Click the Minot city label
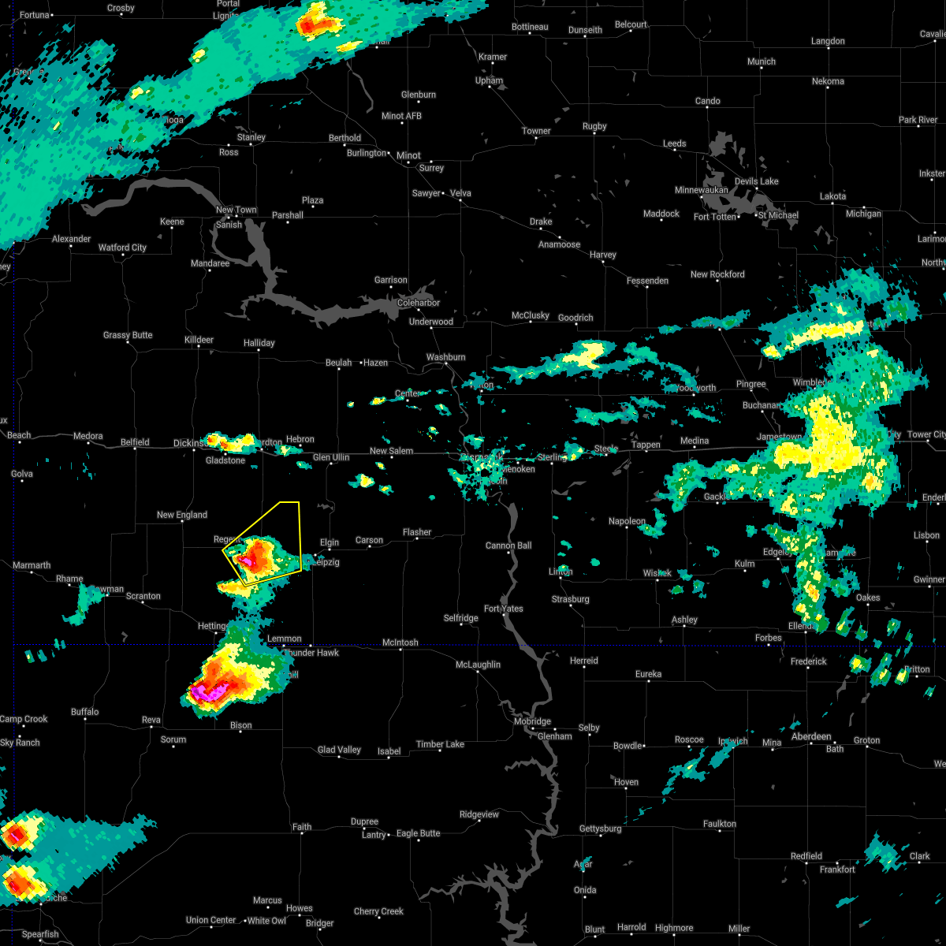pos(408,155)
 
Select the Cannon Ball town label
pos(508,546)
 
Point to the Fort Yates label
pos(504,609)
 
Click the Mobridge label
pos(532,721)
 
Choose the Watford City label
pos(122,248)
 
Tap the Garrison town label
pos(390,280)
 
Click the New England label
pos(182,515)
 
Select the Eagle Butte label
pos(418,833)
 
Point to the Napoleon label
pos(627,521)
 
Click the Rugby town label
pos(594,126)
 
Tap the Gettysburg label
pos(601,829)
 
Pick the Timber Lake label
pos(441,744)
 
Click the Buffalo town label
pos(85,712)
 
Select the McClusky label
pos(531,315)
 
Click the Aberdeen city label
pos(810,736)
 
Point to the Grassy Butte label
pos(128,335)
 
